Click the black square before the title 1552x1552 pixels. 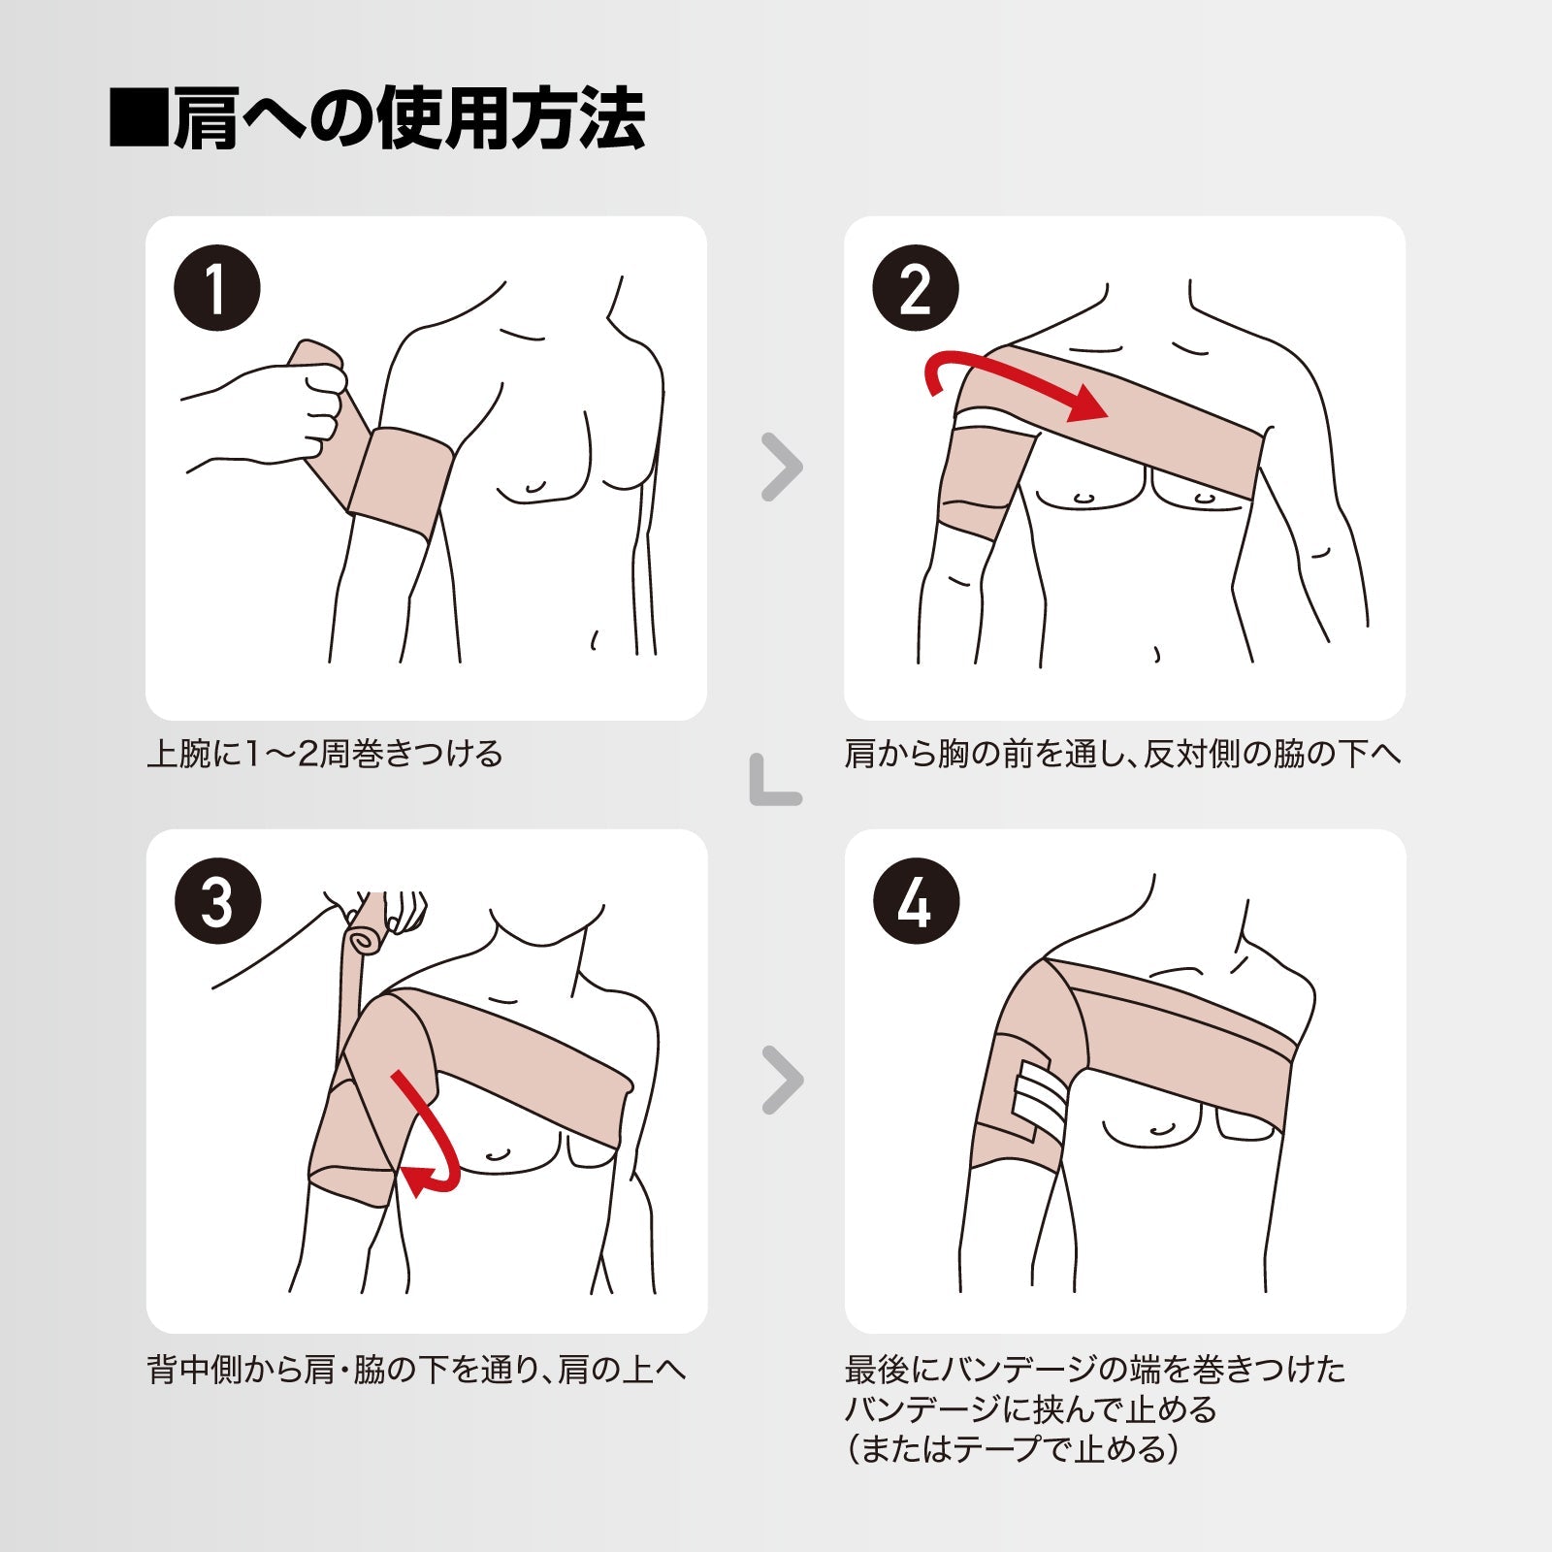(139, 118)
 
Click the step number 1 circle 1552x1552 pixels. (217, 288)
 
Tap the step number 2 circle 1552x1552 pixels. (916, 288)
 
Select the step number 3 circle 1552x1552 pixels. (217, 901)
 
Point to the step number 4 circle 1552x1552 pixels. (916, 901)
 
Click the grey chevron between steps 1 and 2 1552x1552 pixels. (783, 467)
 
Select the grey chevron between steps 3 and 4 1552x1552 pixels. (783, 1080)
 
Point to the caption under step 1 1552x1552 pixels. (325, 754)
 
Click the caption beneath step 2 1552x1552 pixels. (1123, 754)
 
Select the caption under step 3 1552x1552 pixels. (417, 1370)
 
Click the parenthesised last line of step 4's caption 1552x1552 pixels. (1013, 1449)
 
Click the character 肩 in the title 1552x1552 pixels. (206, 118)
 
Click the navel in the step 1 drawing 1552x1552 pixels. (594, 640)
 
